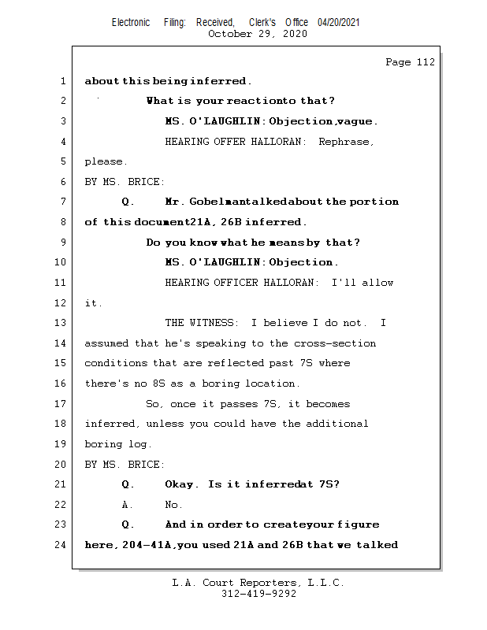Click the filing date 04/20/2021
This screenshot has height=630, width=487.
[x=339, y=22]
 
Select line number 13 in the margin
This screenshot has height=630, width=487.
[x=62, y=323]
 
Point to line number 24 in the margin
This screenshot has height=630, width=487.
[x=62, y=544]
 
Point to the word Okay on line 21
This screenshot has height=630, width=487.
[x=181, y=484]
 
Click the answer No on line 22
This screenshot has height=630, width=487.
[x=173, y=505]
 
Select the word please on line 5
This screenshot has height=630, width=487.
[x=104, y=162]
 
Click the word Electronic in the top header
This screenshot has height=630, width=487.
[x=131, y=22]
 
